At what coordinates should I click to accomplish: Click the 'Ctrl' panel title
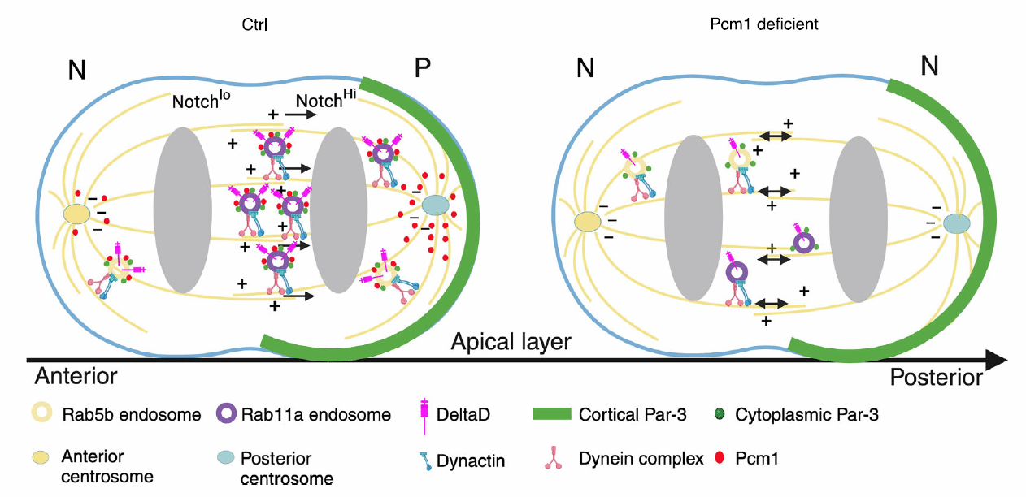(255, 25)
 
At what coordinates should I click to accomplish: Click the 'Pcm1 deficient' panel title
(764, 24)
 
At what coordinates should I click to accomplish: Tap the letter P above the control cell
(422, 68)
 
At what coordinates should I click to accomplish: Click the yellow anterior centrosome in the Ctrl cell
(76, 214)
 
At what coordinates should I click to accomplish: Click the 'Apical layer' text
(511, 343)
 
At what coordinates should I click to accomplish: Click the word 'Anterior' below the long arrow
(76, 377)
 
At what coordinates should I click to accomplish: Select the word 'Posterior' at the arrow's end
(935, 377)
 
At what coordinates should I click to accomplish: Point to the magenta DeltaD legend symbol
(423, 416)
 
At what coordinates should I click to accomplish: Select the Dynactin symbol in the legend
(424, 460)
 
